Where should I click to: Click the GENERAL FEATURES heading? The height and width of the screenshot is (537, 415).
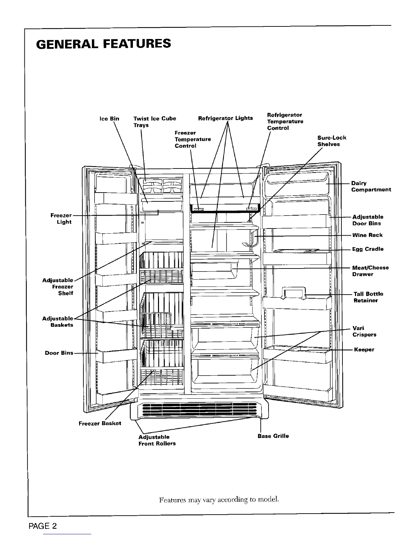point(104,44)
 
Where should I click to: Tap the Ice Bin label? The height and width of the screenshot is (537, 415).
point(109,119)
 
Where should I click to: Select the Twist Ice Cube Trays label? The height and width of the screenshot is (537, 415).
point(155,122)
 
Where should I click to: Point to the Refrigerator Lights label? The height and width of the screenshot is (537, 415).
point(225,118)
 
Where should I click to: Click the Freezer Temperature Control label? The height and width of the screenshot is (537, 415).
point(193,139)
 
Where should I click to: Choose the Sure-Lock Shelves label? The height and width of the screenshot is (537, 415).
point(332,141)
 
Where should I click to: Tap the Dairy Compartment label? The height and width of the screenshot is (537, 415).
point(371,186)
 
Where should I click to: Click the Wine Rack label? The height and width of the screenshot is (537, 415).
point(367,235)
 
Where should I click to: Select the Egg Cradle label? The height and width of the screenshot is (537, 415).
point(368,249)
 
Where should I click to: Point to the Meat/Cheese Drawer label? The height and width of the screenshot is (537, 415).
point(370,271)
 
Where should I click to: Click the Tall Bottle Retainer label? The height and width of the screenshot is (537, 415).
point(368,297)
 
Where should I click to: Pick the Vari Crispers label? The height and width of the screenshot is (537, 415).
point(364,332)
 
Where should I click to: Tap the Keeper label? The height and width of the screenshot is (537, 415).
point(364,350)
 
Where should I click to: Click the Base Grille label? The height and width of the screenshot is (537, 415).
point(273,436)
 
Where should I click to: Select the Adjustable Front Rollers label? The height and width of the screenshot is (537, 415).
point(157,440)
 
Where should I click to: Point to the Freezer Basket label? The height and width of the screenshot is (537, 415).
point(100,423)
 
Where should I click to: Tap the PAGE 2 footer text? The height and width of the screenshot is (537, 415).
point(43,526)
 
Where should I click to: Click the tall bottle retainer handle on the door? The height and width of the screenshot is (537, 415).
point(294,292)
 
